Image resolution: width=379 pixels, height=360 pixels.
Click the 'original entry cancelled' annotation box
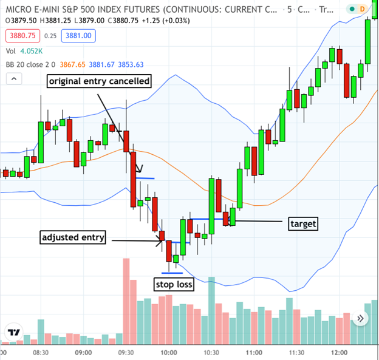pos(98,81)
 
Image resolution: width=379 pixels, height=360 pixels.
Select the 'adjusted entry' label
pos(72,237)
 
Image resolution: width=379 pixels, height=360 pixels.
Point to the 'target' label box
pos(302,223)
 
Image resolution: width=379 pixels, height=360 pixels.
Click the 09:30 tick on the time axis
pos(125,353)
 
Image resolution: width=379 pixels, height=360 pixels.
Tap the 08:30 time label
pos(41,353)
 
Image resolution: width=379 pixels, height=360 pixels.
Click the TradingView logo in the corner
pos(13,333)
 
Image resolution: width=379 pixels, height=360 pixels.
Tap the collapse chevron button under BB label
pos(13,79)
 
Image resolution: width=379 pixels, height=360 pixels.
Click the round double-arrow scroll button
pos(362,318)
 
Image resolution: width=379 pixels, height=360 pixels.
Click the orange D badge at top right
pos(363,9)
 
